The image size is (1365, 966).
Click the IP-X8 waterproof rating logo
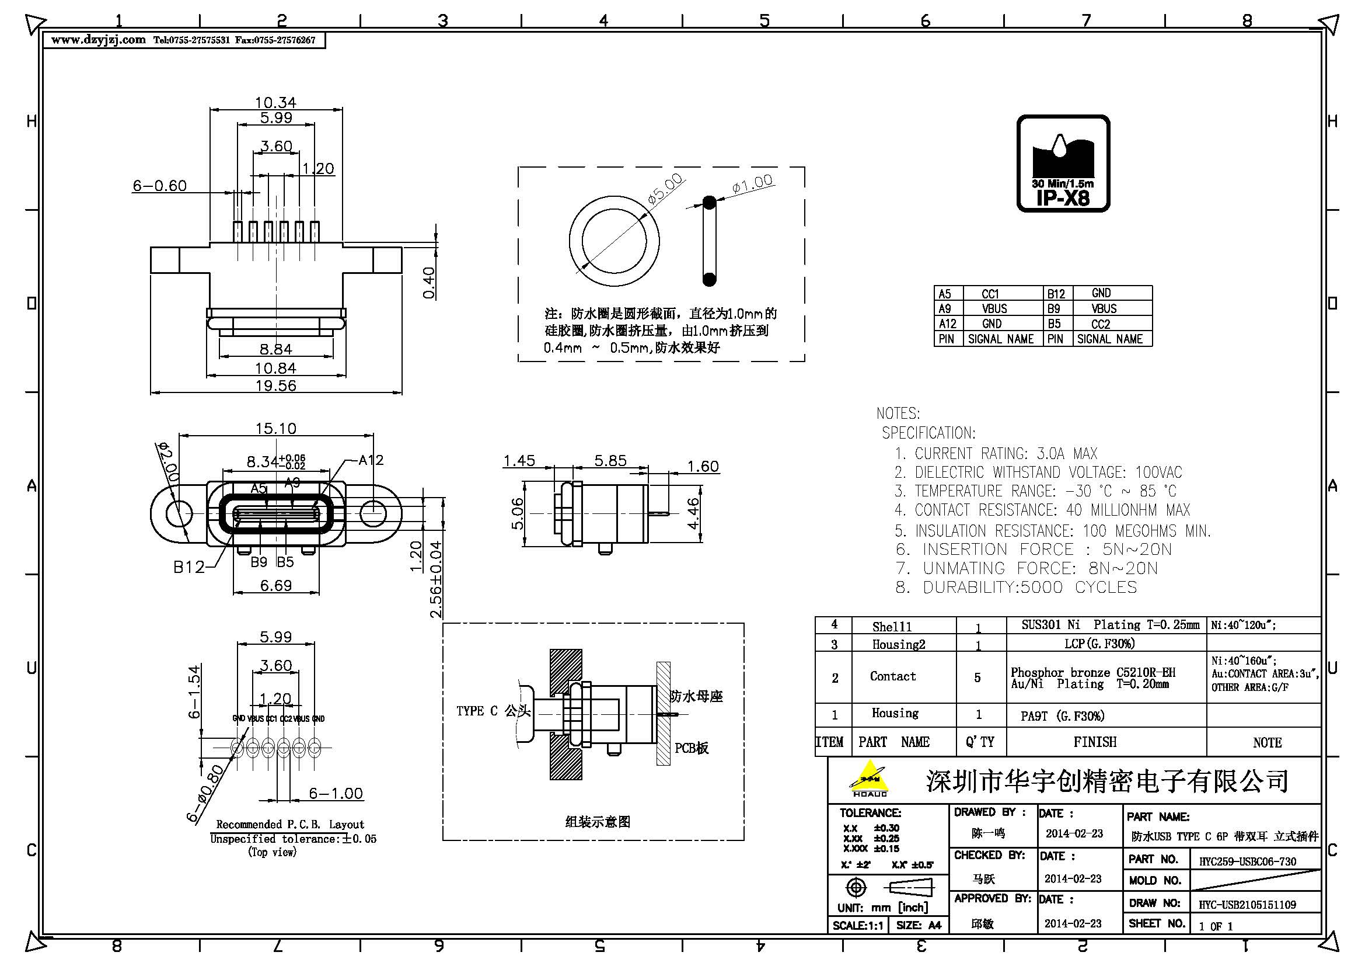[1063, 163]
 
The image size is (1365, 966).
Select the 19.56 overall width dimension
[275, 385]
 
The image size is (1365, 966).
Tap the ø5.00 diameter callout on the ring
[665, 189]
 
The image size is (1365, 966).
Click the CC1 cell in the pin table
[990, 294]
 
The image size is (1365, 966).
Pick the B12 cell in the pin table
[1056, 294]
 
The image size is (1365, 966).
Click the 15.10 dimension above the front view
[275, 428]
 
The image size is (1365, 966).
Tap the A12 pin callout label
[371, 460]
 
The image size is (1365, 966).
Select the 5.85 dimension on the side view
[610, 460]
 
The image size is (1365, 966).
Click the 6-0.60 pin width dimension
[159, 186]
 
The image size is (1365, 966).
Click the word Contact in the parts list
[892, 676]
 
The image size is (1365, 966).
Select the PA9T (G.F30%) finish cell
[1062, 716]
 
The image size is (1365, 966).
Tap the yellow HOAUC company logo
[869, 779]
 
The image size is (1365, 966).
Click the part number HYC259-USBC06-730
[1247, 861]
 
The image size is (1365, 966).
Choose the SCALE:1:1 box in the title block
[857, 926]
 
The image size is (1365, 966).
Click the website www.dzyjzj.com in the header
[98, 40]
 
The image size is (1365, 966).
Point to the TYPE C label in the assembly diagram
[478, 711]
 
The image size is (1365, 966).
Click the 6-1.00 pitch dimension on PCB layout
[336, 794]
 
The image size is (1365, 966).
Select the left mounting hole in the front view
[179, 513]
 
